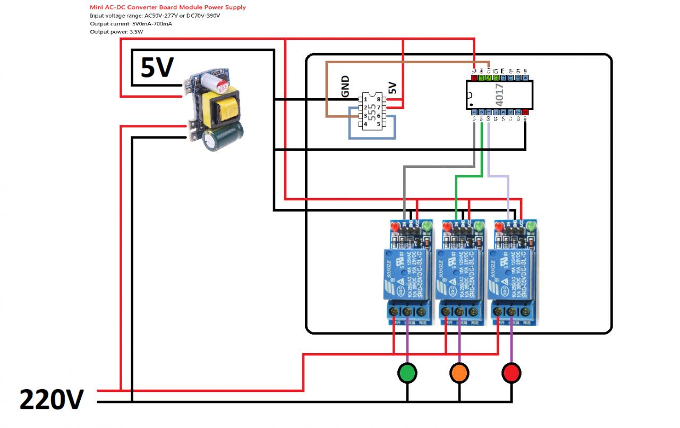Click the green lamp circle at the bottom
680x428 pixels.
407,373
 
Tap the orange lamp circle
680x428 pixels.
459,373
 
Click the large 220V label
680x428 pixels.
52,399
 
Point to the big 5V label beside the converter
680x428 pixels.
157,67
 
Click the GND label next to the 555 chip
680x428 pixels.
346,87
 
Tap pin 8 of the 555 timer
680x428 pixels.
378,99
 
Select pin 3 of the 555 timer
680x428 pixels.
365,116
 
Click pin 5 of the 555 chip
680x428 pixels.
378,124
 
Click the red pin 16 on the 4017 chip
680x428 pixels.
474,78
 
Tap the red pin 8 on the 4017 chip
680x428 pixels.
525,112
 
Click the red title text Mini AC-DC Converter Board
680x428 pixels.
168,7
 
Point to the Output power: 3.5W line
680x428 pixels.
117,32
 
